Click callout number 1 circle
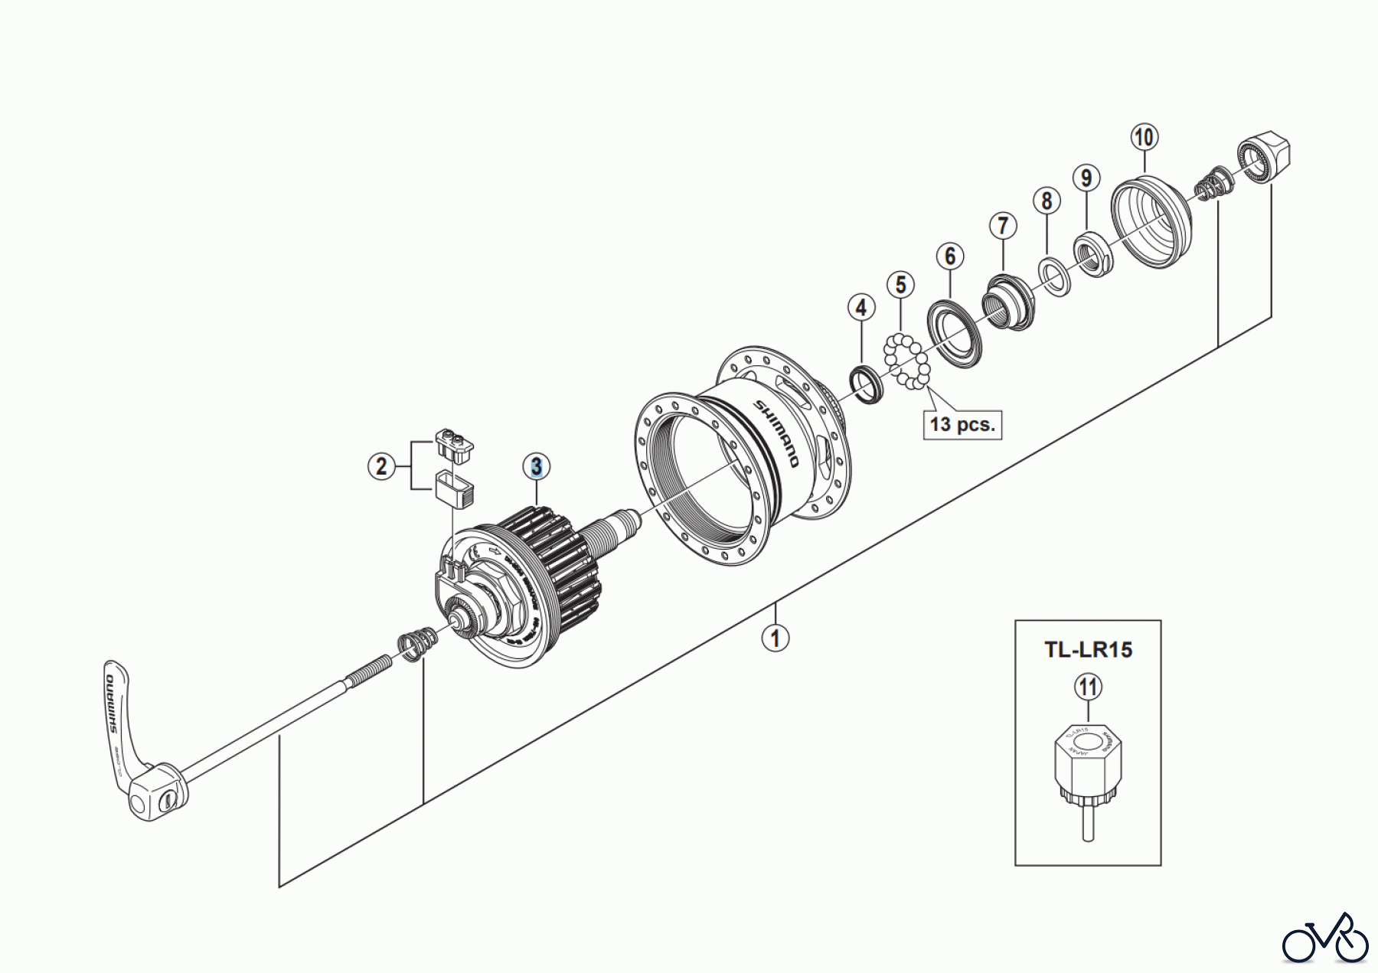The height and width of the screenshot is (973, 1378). (776, 637)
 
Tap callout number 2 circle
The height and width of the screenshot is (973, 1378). (382, 465)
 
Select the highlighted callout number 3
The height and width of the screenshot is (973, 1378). (537, 466)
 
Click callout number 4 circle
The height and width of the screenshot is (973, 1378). (861, 308)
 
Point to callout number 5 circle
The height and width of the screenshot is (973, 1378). (900, 285)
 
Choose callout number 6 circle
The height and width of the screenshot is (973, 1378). (950, 256)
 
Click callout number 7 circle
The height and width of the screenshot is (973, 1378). (1002, 226)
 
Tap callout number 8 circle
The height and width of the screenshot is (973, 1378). (1047, 201)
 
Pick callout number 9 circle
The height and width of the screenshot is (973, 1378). (1086, 178)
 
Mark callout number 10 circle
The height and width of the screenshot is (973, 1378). (1144, 138)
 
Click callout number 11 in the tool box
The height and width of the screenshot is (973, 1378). (1088, 687)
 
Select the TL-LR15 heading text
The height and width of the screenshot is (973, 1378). (1088, 650)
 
